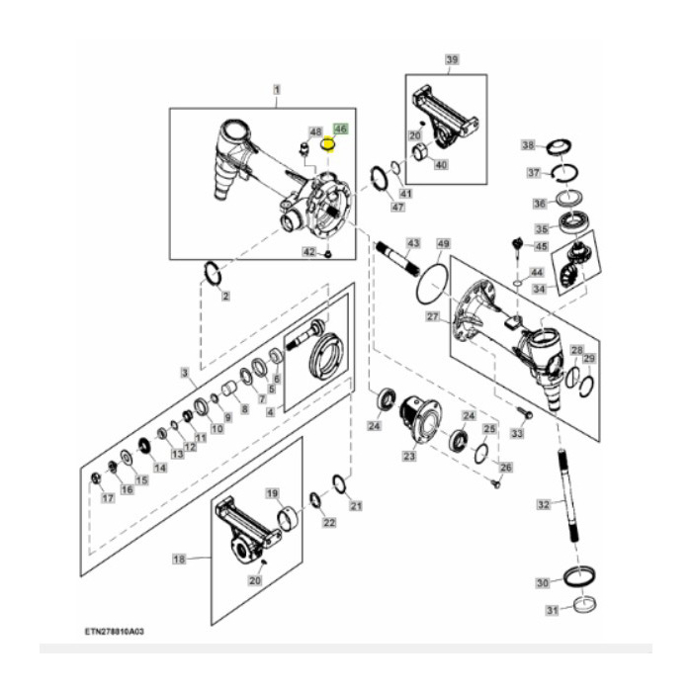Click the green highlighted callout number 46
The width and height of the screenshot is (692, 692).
tap(341, 130)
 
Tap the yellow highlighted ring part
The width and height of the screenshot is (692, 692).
tap(331, 148)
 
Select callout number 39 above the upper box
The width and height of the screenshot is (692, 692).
tap(451, 60)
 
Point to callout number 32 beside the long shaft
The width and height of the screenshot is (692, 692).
tap(543, 504)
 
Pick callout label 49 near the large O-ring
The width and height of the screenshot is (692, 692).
tap(443, 244)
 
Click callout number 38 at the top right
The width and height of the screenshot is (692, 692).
tap(528, 145)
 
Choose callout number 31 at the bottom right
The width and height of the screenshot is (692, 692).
tap(541, 610)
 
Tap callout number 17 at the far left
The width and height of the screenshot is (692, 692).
tap(108, 497)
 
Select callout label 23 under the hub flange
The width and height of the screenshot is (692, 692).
tap(408, 456)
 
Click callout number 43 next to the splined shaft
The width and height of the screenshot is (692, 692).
tap(413, 243)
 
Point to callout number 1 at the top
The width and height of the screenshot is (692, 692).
tap(277, 90)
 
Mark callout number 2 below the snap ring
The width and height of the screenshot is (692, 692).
tap(225, 296)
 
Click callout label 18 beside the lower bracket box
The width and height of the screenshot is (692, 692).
tap(180, 559)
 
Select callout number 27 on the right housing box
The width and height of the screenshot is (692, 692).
tap(432, 316)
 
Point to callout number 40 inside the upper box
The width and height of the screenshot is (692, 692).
tap(441, 164)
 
